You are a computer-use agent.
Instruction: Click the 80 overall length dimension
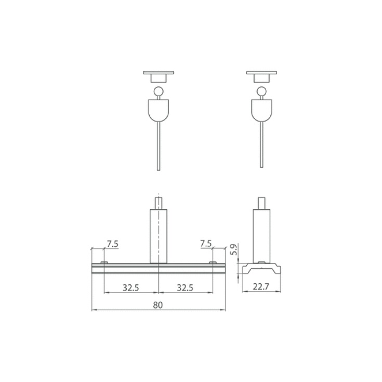(158, 305)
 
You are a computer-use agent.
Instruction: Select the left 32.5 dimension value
(131, 288)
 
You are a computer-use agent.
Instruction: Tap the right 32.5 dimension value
(185, 288)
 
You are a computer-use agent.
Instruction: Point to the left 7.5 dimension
(113, 244)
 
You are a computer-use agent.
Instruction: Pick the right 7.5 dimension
(206, 244)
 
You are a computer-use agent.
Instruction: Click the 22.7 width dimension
(261, 287)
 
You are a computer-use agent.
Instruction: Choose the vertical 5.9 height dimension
(234, 249)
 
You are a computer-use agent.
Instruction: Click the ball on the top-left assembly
(159, 91)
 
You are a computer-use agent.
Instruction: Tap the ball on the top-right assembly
(261, 91)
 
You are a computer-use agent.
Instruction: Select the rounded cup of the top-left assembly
(159, 110)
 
